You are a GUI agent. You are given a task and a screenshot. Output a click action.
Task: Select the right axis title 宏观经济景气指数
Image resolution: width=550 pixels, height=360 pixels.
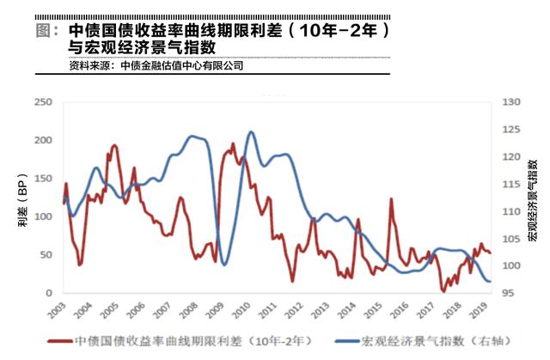click(x=533, y=198)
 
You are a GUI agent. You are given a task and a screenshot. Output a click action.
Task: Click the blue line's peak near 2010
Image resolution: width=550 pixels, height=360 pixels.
click(x=250, y=132)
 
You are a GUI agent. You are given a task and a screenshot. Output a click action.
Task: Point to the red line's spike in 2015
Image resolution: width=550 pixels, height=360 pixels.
click(x=391, y=199)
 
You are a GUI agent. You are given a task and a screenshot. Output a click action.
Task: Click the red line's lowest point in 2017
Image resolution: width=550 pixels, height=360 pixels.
click(x=444, y=291)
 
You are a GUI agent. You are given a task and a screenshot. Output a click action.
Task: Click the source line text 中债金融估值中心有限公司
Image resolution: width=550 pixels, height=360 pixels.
click(x=182, y=65)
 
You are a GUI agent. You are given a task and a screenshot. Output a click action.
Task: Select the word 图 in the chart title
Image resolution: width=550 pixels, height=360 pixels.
click(x=49, y=30)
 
